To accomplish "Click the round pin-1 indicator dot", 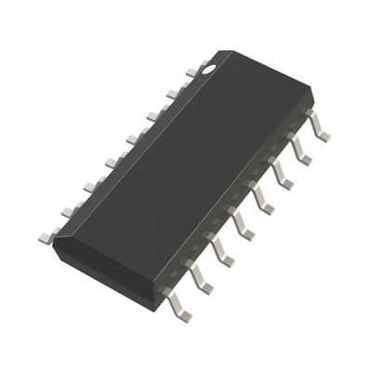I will tap(209, 66).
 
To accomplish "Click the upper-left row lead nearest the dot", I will tap(193, 69).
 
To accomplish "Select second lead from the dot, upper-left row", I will tap(174, 92).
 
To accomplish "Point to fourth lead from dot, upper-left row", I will tap(133, 139).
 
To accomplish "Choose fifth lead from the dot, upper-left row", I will tap(112, 163).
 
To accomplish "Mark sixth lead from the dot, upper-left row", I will tap(90, 187).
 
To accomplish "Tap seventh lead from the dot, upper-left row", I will tap(69, 212).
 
